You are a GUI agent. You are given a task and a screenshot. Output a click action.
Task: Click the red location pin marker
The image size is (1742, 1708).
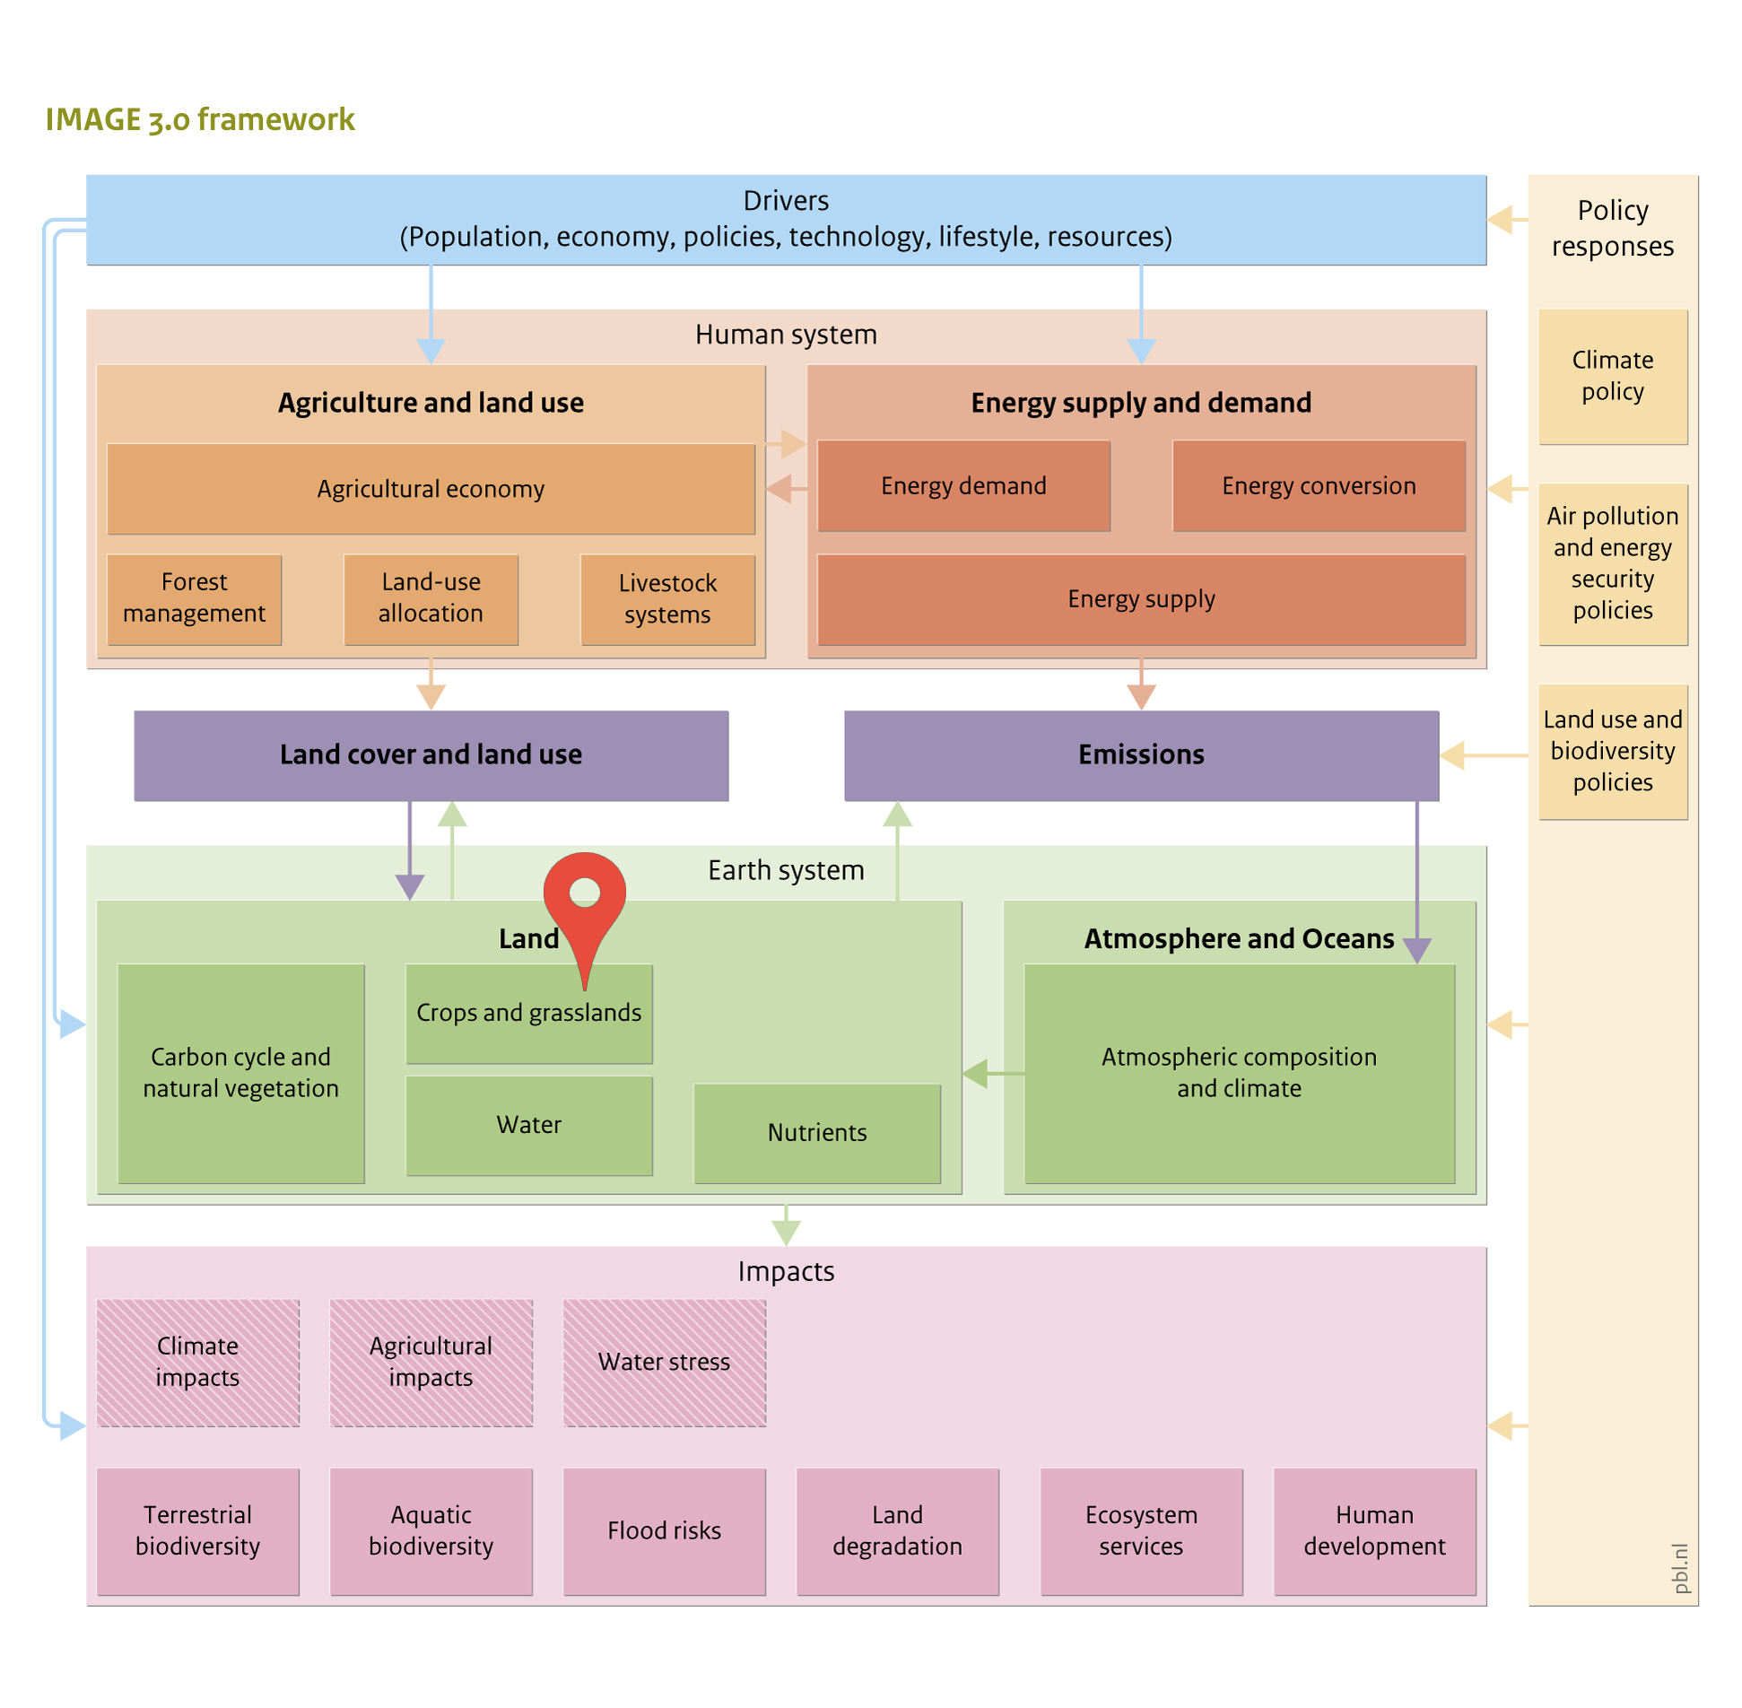[584, 906]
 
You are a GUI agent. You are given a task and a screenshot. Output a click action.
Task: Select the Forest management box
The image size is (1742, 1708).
[194, 599]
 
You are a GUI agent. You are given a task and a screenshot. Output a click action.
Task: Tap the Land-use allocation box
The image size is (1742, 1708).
[431, 599]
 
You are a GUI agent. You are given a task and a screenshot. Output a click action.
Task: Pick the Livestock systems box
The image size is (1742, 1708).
[667, 599]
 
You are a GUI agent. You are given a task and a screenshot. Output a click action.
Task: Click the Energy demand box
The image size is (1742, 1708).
[963, 485]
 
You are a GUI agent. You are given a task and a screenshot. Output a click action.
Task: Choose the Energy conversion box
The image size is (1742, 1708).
[1319, 485]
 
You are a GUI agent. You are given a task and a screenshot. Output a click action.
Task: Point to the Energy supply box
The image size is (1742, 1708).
[1141, 599]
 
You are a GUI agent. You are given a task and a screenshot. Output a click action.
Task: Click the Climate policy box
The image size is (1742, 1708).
[1612, 377]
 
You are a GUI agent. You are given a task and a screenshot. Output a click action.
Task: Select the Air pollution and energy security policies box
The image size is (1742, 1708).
[1612, 564]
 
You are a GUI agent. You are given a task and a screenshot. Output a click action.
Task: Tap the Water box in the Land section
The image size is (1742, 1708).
[529, 1125]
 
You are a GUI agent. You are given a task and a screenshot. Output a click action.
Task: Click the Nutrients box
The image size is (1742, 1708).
[817, 1133]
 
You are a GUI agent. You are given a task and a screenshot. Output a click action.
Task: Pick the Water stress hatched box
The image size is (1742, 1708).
[664, 1362]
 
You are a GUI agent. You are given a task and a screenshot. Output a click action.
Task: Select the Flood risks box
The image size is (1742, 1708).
[664, 1531]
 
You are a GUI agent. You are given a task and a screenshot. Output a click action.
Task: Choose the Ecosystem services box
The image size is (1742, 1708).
[1141, 1531]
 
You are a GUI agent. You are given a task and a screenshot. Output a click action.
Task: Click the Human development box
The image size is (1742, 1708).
[1374, 1531]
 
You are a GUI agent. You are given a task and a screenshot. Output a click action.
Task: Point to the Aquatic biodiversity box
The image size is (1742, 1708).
[431, 1531]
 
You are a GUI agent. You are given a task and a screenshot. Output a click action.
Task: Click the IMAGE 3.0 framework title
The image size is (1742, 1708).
[200, 119]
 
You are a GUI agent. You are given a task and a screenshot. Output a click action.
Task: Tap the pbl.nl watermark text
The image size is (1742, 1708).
[1680, 1568]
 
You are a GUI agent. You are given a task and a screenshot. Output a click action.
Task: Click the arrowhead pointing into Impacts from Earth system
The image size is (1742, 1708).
[786, 1233]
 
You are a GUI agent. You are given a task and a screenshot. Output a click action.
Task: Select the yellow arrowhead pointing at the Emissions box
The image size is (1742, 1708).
[1452, 755]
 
